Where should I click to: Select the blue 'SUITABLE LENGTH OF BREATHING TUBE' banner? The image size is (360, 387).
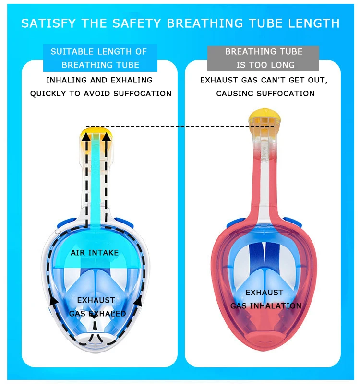tap(99, 58)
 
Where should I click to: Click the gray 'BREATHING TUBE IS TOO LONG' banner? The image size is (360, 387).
tap(264, 58)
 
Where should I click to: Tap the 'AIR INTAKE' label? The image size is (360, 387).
tap(95, 252)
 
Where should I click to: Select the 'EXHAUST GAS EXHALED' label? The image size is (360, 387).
tap(97, 307)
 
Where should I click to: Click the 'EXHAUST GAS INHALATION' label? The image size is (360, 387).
tap(265, 299)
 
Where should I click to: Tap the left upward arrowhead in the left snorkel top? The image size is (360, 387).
tap(86, 138)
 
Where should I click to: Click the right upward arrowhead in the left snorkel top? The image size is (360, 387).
tap(107, 138)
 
